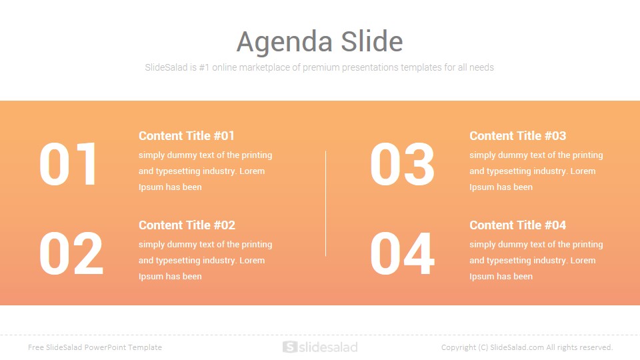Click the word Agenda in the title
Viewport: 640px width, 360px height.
[285, 43]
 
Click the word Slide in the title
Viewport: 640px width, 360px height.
[372, 41]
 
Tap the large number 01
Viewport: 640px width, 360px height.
[68, 164]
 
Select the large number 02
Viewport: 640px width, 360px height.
[71, 253]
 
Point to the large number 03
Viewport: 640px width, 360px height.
[402, 164]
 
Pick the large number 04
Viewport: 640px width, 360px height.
[402, 253]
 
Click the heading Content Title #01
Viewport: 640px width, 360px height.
[187, 136]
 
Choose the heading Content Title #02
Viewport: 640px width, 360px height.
[187, 225]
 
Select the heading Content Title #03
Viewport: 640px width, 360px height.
[517, 136]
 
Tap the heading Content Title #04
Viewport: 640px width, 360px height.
[517, 225]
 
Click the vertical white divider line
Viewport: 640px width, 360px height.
[326, 204]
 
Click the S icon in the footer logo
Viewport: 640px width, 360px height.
[290, 347]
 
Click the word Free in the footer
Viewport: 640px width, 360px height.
[35, 347]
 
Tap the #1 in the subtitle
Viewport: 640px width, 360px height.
[204, 67]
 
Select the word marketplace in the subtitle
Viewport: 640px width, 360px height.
[264, 68]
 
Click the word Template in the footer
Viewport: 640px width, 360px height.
[145, 348]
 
